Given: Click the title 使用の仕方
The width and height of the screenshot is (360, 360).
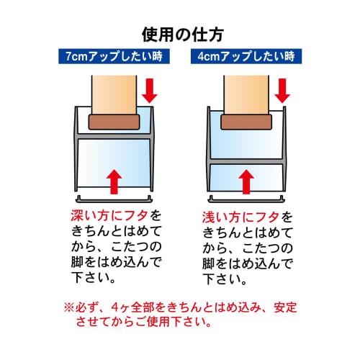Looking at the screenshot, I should pyautogui.click(x=179, y=33).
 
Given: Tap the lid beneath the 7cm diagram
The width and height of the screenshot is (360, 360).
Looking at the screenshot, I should pyautogui.click(x=112, y=197).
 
